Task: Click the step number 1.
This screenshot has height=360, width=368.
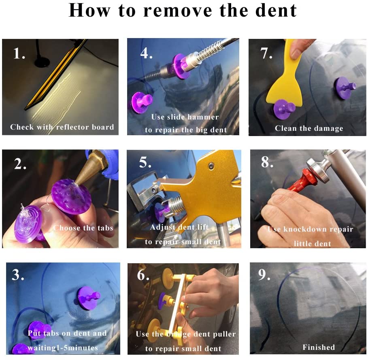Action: click(19, 53)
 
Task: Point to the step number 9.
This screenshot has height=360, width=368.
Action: click(264, 275)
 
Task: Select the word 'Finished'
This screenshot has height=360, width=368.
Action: click(319, 347)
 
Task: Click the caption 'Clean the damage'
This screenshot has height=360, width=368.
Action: click(309, 128)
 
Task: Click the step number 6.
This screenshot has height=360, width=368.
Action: click(143, 275)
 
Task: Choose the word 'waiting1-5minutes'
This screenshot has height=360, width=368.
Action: click(63, 348)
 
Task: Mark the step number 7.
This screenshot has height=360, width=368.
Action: click(266, 53)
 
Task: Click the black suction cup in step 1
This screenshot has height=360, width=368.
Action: click(42, 62)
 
